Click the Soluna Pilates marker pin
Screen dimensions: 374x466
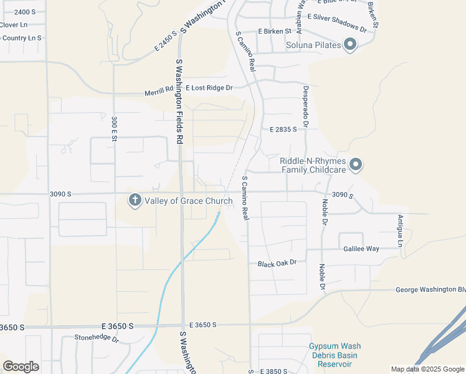click(349, 45)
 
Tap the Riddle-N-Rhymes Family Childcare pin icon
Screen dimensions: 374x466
click(356, 165)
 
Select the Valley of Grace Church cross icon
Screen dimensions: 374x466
click(135, 201)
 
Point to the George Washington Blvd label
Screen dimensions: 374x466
click(430, 290)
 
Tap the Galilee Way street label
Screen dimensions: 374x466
click(361, 249)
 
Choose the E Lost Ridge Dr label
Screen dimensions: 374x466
click(204, 88)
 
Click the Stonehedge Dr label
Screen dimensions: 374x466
click(97, 338)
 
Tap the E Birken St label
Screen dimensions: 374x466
click(275, 31)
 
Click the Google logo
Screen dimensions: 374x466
click(21, 367)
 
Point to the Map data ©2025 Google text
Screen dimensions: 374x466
click(427, 369)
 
